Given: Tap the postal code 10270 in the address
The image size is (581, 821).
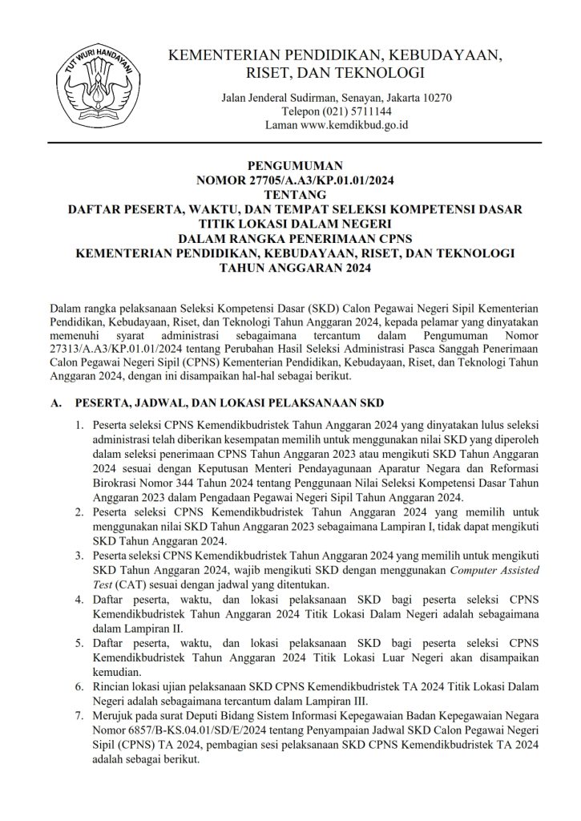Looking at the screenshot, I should (436, 98).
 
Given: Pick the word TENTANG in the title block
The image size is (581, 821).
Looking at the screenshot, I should (291, 195).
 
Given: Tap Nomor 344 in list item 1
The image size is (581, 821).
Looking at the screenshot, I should (171, 483).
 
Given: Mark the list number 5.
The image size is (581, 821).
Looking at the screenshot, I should (79, 642).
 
